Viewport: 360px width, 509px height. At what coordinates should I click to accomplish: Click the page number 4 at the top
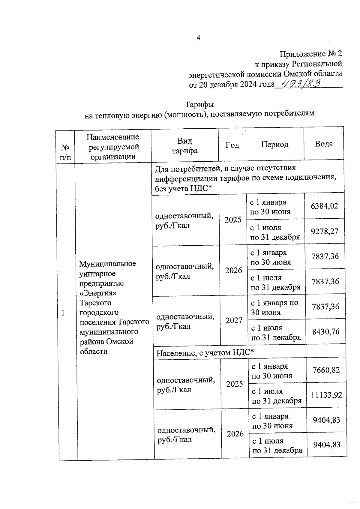(198, 38)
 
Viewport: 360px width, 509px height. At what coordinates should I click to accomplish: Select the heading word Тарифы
(199, 105)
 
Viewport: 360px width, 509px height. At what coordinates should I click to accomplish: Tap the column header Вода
(323, 144)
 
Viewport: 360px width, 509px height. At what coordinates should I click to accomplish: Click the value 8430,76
(326, 331)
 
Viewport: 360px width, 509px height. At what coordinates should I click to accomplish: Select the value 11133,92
(326, 395)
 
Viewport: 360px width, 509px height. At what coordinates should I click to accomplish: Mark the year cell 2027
(234, 320)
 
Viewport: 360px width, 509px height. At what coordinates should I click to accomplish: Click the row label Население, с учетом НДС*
(205, 353)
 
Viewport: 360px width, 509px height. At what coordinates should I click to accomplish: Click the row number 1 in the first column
(63, 313)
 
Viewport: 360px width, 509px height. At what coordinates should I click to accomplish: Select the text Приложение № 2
(310, 54)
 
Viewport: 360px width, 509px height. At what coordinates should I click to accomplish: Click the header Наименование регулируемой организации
(113, 147)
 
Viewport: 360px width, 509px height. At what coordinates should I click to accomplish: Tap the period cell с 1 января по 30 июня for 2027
(274, 307)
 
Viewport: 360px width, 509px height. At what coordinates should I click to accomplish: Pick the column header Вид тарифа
(184, 145)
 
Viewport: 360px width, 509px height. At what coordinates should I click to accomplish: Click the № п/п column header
(65, 152)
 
